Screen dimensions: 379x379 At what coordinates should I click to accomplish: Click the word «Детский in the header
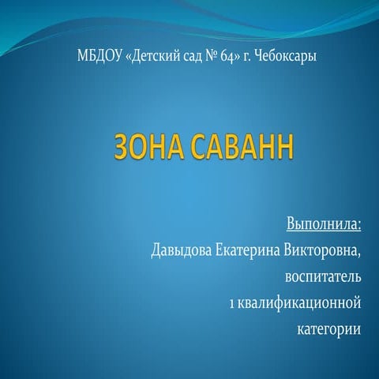pyautogui.click(x=150, y=58)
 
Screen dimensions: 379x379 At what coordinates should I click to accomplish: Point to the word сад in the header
pyautogui.click(x=189, y=58)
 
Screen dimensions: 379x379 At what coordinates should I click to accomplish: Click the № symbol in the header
pyautogui.click(x=208, y=58)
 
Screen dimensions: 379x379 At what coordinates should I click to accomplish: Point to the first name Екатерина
pyautogui.click(x=249, y=251)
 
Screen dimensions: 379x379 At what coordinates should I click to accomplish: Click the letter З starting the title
pyautogui.click(x=124, y=148)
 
